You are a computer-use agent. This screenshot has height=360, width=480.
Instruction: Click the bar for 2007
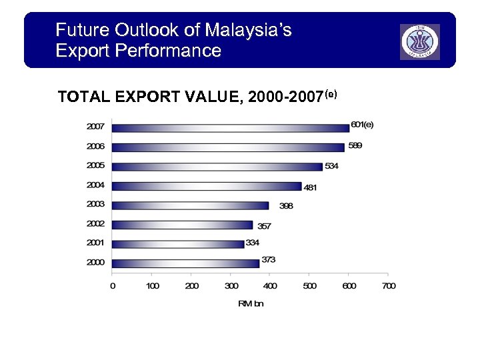(x=231, y=127)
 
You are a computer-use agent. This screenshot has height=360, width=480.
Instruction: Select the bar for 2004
(x=207, y=186)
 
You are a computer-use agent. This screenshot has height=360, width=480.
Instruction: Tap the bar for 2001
(x=178, y=244)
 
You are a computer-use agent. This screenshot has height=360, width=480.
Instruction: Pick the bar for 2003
(x=190, y=205)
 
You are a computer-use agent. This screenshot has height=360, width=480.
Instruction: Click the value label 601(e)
(x=362, y=125)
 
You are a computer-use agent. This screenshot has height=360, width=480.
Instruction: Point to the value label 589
(x=355, y=145)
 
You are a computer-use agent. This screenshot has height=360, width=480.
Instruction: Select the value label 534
(x=331, y=166)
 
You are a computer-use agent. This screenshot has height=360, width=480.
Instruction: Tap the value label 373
(x=269, y=259)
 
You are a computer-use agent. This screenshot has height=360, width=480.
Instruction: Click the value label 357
(x=264, y=227)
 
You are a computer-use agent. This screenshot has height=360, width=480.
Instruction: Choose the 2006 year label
(x=95, y=146)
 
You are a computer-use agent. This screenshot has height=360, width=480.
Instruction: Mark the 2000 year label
(x=95, y=263)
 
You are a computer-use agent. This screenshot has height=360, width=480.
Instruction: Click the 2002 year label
(x=95, y=224)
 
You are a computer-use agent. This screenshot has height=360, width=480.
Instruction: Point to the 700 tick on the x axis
(x=389, y=286)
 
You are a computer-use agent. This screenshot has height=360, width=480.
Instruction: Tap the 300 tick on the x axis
(x=231, y=286)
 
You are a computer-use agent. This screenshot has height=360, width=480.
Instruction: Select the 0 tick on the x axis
(x=112, y=286)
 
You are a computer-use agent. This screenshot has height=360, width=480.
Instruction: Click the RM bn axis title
(x=251, y=304)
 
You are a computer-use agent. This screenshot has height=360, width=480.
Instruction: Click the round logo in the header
(x=419, y=41)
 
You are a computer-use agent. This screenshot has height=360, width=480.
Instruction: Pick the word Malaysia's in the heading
(x=248, y=30)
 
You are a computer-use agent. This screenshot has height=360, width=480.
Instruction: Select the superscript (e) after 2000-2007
(x=331, y=94)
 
